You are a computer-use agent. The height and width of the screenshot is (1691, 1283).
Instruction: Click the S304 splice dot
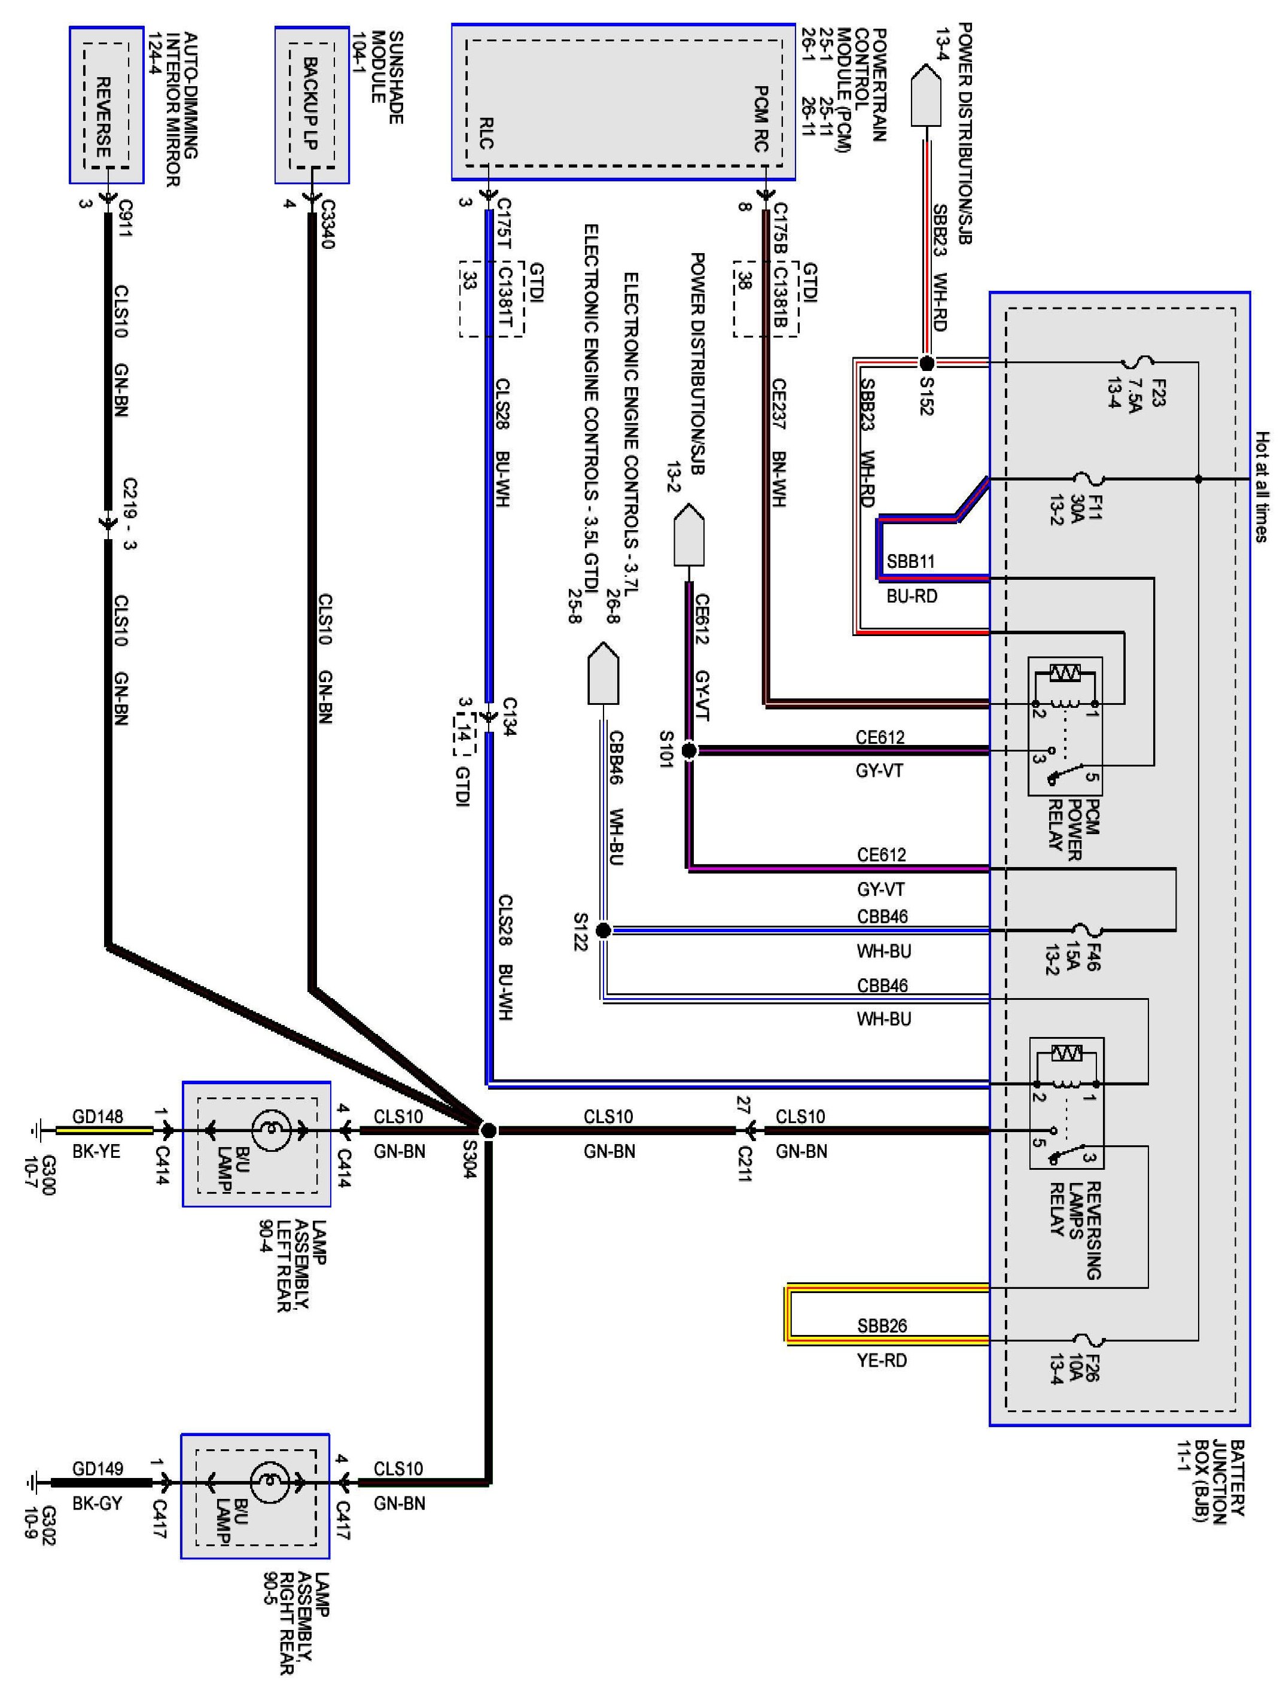488,1130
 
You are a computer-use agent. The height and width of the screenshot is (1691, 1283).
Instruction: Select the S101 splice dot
688,751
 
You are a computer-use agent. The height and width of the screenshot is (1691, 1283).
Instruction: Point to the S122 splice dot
603,930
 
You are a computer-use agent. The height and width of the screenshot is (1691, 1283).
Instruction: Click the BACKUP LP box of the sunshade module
312,105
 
